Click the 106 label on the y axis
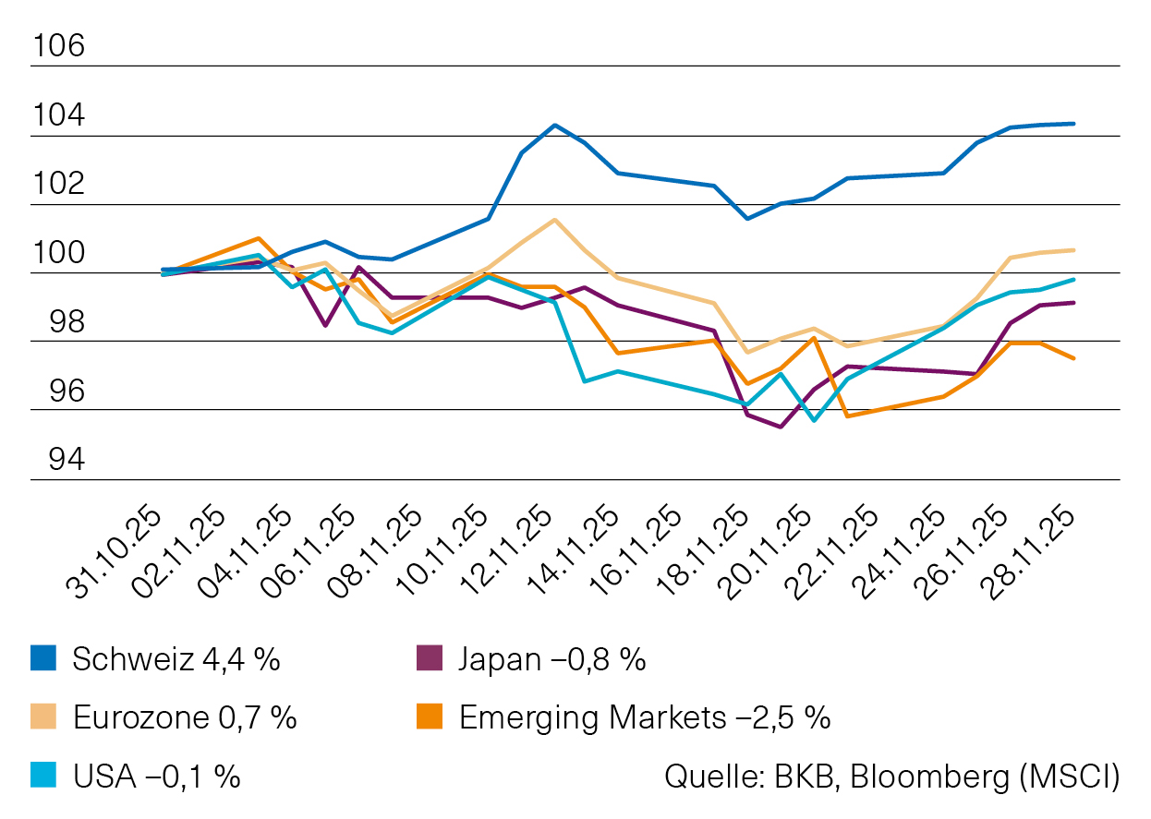pyautogui.click(x=57, y=46)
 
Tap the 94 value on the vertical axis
pyautogui.click(x=57, y=460)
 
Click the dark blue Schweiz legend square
pyautogui.click(x=43, y=659)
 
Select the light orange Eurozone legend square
pyautogui.click(x=43, y=717)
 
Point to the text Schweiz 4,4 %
pyautogui.click(x=176, y=659)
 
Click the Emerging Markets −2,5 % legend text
pyautogui.click(x=644, y=717)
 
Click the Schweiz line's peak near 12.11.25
pyautogui.click(x=553, y=125)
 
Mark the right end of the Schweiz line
pyautogui.click(x=1073, y=123)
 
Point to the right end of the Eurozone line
pyautogui.click(x=1073, y=250)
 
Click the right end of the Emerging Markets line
pyautogui.click(x=1073, y=358)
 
